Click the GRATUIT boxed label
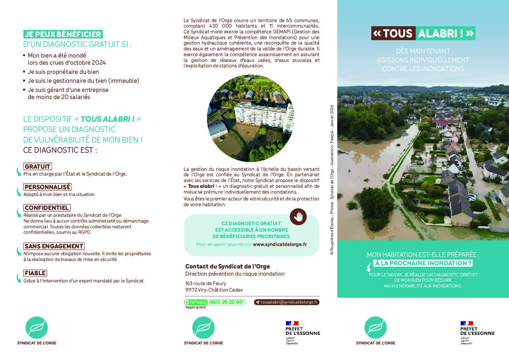(37, 167)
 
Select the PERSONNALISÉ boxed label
(47, 187)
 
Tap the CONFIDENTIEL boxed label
(47, 208)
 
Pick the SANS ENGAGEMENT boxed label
(54, 246)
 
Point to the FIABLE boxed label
(35, 273)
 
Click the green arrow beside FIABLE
(19, 278)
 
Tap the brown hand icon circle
(298, 216)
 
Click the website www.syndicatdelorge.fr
(280, 244)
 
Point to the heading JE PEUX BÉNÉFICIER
(63, 34)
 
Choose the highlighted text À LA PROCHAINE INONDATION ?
(424, 263)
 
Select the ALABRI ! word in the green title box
(445, 33)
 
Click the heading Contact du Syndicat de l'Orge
(227, 266)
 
